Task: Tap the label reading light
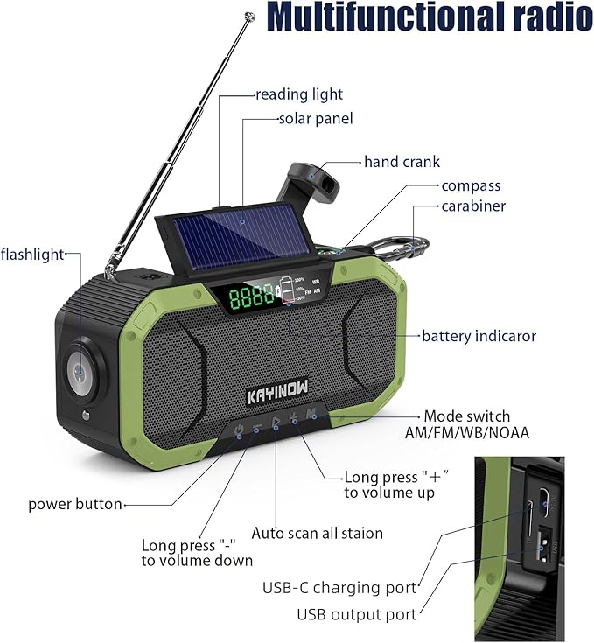[299, 94]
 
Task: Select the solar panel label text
[316, 118]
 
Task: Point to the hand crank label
[402, 162]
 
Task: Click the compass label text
[471, 185]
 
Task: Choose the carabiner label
[473, 206]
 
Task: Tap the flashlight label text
[32, 255]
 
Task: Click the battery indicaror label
[479, 336]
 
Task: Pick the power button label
[75, 504]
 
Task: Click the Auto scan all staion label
[317, 533]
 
